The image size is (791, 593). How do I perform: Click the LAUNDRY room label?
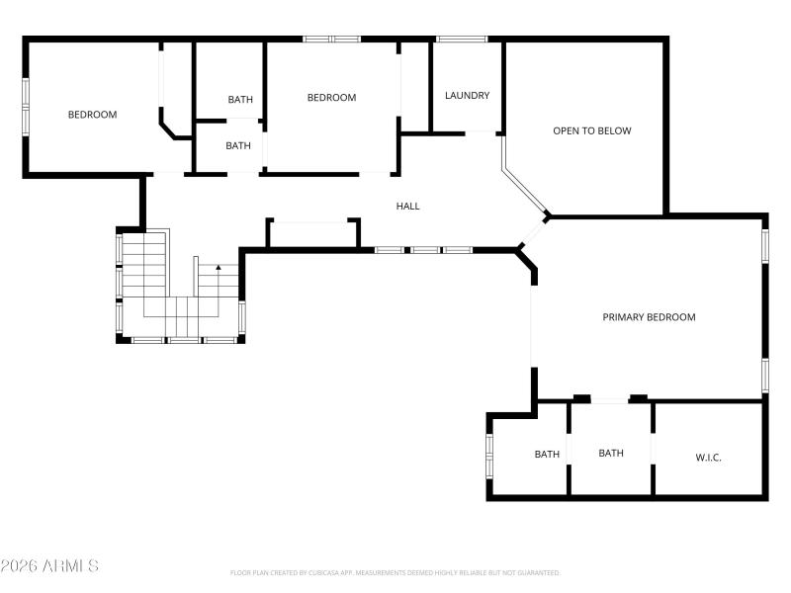tap(467, 96)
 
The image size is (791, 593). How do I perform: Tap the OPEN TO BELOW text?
tap(591, 130)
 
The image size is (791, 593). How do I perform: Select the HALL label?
tap(407, 207)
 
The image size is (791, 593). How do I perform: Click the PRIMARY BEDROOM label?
tap(649, 317)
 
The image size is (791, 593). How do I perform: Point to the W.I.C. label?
tap(708, 457)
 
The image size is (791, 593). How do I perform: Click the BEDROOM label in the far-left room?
tap(92, 115)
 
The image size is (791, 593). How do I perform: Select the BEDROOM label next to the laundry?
tap(331, 97)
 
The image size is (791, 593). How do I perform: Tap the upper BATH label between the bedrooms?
tap(239, 100)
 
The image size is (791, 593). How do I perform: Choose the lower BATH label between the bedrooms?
tap(238, 146)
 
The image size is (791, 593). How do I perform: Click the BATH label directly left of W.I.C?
tap(611, 454)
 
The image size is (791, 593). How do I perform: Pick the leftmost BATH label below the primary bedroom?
tap(547, 455)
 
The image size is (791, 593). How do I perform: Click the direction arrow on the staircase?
tap(219, 268)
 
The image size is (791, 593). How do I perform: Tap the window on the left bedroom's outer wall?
tap(27, 105)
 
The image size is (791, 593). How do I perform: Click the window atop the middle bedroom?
tap(331, 40)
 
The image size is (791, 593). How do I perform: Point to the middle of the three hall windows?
tap(425, 250)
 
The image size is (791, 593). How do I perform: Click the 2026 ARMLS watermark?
tap(49, 566)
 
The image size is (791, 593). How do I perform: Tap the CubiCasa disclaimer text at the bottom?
tap(395, 573)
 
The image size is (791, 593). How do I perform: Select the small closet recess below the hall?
tap(312, 233)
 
